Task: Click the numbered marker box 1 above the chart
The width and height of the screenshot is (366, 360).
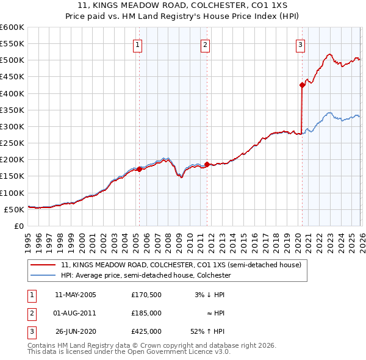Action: click(x=138, y=45)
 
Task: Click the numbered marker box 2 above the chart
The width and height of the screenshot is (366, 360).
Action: click(x=206, y=45)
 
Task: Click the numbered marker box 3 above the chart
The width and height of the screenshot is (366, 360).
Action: click(x=301, y=45)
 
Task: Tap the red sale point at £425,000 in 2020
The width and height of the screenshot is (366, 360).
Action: click(x=302, y=85)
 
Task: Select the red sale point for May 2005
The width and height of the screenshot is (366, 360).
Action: click(x=139, y=169)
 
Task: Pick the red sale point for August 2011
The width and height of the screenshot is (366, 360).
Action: click(x=207, y=164)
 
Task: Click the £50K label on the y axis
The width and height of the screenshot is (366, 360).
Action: click(x=15, y=209)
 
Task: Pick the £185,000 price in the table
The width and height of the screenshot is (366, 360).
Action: click(x=146, y=313)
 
